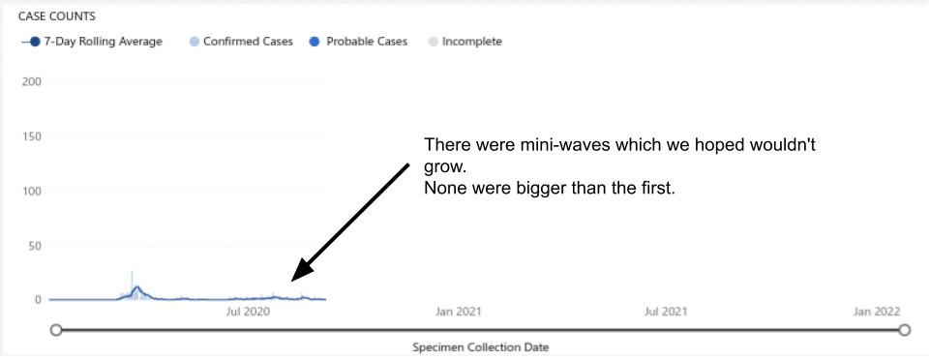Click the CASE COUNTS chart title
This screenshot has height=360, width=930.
pyautogui.click(x=57, y=16)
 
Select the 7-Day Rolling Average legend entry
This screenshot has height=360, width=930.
pyautogui.click(x=92, y=42)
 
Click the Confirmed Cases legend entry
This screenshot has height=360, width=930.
pyautogui.click(x=241, y=42)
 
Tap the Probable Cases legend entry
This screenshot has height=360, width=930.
pyautogui.click(x=359, y=42)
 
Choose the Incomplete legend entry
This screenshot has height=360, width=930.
pyautogui.click(x=465, y=42)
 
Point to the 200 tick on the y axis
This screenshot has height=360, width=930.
pyautogui.click(x=31, y=81)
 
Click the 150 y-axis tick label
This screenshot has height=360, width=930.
pyautogui.click(x=31, y=136)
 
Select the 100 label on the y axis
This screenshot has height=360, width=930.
pyautogui.click(x=31, y=191)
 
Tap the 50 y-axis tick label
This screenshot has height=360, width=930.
pyautogui.click(x=35, y=246)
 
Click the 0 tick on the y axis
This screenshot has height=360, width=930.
pyautogui.click(x=39, y=300)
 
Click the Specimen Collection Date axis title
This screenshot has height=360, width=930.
pyautogui.click(x=481, y=347)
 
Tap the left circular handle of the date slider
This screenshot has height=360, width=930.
pyautogui.click(x=56, y=330)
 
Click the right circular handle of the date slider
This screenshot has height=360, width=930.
pyautogui.click(x=904, y=330)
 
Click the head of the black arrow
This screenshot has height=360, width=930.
pyautogui.click(x=300, y=272)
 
